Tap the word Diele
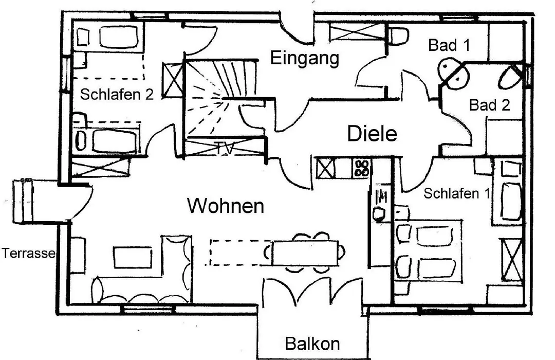pos(372,134)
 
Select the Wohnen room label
pos(226,206)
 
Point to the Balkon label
pos(312,344)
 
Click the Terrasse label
pos(28,253)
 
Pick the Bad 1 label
pos(449,45)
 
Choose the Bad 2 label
pos(490,105)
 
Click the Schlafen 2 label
pos(117,95)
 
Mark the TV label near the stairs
pos(225,149)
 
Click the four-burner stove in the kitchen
pos(362,168)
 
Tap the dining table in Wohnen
pos(305,253)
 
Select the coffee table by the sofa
pos(133,258)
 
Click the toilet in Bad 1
pos(399,36)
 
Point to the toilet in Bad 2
pos(509,77)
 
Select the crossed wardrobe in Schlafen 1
pos(511,260)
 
